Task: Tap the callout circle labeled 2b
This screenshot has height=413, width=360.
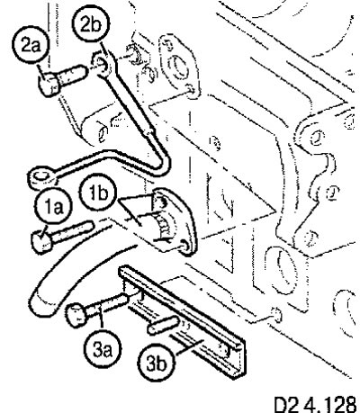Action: coord(91,25)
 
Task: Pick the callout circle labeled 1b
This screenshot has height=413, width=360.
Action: coord(99,193)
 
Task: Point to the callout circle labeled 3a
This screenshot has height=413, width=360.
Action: coord(103,349)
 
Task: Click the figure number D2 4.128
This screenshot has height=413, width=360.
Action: coord(315,404)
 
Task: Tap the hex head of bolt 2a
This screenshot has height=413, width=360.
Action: coord(48,85)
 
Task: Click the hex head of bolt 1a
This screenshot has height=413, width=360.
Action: coord(40,243)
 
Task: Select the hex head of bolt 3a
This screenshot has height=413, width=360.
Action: coord(76,315)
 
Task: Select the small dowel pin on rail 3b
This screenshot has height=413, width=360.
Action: coord(163,325)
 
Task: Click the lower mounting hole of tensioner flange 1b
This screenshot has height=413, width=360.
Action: coord(185,247)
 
